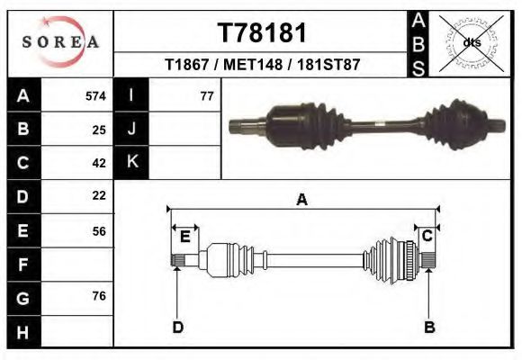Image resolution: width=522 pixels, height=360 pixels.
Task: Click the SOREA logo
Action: coord(59,42)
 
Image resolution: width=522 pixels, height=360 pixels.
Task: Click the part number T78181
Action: coord(262,33)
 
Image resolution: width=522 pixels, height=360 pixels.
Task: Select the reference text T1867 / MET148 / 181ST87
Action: coord(262,66)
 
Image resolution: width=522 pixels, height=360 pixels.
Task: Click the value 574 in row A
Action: coord(95,96)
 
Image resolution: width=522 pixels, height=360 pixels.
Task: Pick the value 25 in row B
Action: coord(99,130)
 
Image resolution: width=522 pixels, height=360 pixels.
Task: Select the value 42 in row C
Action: coord(99,163)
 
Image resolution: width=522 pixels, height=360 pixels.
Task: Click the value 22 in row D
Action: coord(99,195)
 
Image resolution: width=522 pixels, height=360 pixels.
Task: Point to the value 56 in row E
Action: coord(99,230)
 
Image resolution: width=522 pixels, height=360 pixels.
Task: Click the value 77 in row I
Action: coord(206,96)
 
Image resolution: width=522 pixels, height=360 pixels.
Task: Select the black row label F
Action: coord(23,265)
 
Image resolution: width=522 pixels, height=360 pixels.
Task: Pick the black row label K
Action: coord(132,162)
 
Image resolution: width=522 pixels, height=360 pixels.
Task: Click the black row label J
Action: coord(132,130)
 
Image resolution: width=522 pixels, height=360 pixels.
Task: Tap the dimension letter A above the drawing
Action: coord(302,200)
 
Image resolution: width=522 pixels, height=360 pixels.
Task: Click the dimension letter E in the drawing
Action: coord(184,237)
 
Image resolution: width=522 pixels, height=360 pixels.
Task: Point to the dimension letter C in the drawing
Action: coord(428,236)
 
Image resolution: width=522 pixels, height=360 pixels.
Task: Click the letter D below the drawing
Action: coord(178,327)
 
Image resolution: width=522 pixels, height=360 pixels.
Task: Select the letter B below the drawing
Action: coord(429,327)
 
